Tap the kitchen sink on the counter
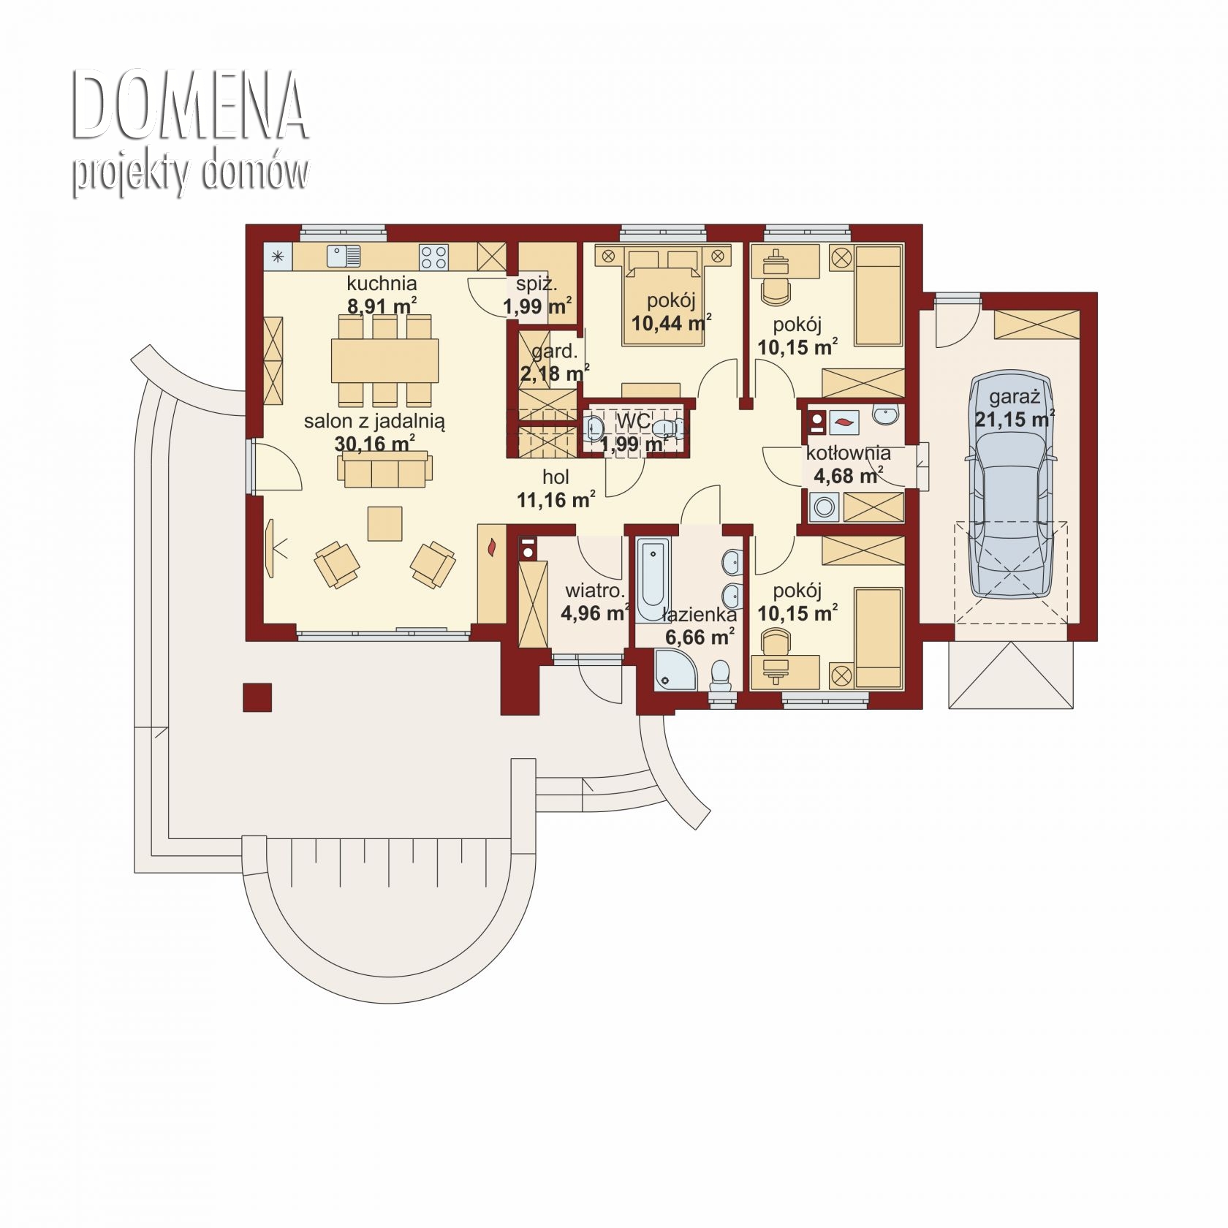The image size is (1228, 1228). pyautogui.click(x=344, y=256)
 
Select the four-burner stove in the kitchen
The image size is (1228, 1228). pyautogui.click(x=433, y=256)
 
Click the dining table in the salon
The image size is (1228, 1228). pyautogui.click(x=385, y=360)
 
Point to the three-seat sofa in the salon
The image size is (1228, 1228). pyautogui.click(x=384, y=469)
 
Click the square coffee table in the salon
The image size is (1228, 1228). pyautogui.click(x=385, y=523)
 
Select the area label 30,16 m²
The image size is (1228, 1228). pyautogui.click(x=375, y=444)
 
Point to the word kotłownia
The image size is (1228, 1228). pyautogui.click(x=848, y=453)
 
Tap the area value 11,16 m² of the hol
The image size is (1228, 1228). pyautogui.click(x=556, y=500)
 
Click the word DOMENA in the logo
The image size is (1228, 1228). pyautogui.click(x=189, y=106)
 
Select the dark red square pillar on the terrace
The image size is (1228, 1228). pyautogui.click(x=257, y=697)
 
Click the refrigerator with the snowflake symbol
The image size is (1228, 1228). pyautogui.click(x=278, y=257)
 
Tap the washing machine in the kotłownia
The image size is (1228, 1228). pyautogui.click(x=825, y=507)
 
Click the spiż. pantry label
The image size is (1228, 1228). pyautogui.click(x=537, y=284)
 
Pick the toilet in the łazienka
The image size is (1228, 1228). pyautogui.click(x=721, y=675)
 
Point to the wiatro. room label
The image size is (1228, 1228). pyautogui.click(x=595, y=591)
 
